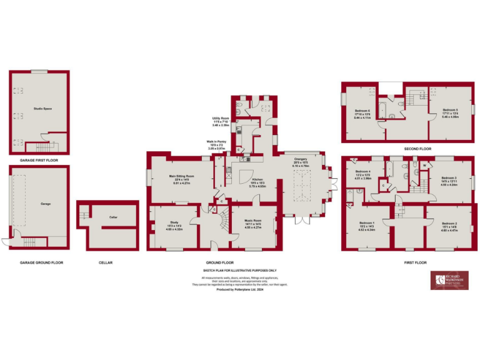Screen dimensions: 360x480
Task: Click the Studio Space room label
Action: (42, 108)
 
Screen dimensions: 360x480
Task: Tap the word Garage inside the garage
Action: (46, 204)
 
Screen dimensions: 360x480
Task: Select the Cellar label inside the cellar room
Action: (113, 217)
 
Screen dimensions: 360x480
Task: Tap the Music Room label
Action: (253, 221)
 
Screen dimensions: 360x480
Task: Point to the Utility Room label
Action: (221, 117)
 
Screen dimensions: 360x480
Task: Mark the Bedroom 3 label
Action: (449, 178)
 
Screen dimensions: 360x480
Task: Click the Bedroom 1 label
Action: (367, 223)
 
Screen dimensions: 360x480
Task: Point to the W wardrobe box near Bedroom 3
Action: (424, 166)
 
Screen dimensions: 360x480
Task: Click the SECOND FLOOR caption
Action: (418, 149)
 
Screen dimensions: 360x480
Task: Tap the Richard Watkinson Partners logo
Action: (449, 281)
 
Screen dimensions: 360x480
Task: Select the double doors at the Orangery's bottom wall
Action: (302, 219)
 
